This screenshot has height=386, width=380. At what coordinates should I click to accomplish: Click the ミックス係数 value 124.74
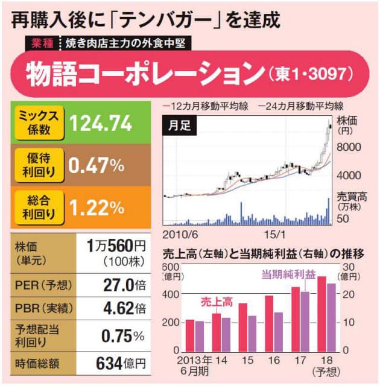coord(101,124)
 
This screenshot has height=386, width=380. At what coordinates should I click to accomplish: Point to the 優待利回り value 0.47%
coord(97,165)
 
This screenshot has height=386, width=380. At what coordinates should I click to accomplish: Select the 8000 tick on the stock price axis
coord(349,146)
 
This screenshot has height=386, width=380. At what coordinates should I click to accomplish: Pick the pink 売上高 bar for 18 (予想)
coord(321,314)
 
